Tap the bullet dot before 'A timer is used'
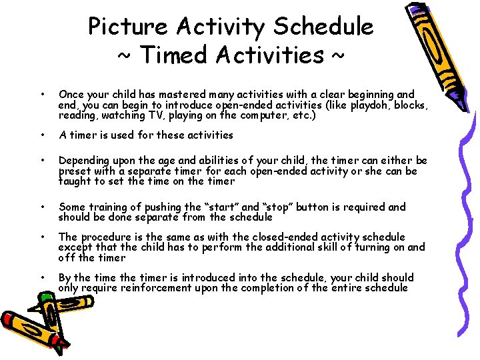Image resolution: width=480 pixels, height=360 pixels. [42, 135]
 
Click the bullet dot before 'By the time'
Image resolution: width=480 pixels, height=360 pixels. [42, 277]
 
